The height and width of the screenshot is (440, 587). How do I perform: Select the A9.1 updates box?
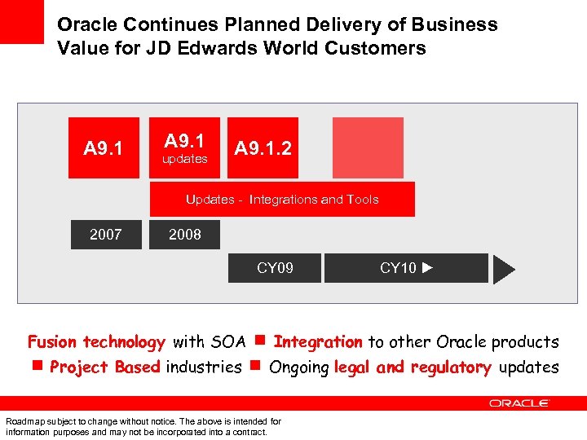click(x=184, y=148)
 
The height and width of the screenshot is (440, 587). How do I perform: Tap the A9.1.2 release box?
click(x=263, y=148)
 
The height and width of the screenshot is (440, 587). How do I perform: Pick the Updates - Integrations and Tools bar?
click(x=282, y=200)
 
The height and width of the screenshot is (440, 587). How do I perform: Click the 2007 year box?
click(x=106, y=235)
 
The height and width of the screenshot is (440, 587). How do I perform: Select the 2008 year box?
click(x=185, y=235)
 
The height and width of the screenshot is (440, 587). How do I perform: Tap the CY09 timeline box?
click(x=275, y=268)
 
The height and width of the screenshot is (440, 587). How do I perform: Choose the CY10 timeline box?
click(x=406, y=268)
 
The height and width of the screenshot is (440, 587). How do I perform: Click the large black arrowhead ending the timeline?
click(x=505, y=269)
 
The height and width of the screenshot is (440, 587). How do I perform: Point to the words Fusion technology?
click(x=96, y=342)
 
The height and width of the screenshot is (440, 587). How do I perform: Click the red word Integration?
click(x=318, y=342)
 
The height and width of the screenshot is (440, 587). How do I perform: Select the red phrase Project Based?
click(x=104, y=367)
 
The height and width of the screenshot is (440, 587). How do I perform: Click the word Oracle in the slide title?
click(x=86, y=24)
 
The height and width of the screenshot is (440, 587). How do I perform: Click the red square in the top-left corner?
click(x=21, y=21)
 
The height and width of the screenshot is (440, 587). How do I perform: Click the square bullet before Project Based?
click(x=38, y=367)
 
